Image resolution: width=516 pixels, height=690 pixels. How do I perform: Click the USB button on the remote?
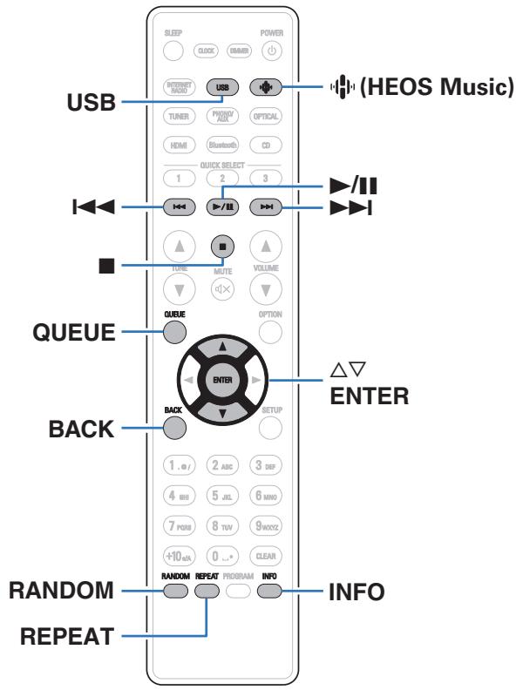[222, 88]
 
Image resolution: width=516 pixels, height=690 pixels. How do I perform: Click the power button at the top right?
[266, 49]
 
